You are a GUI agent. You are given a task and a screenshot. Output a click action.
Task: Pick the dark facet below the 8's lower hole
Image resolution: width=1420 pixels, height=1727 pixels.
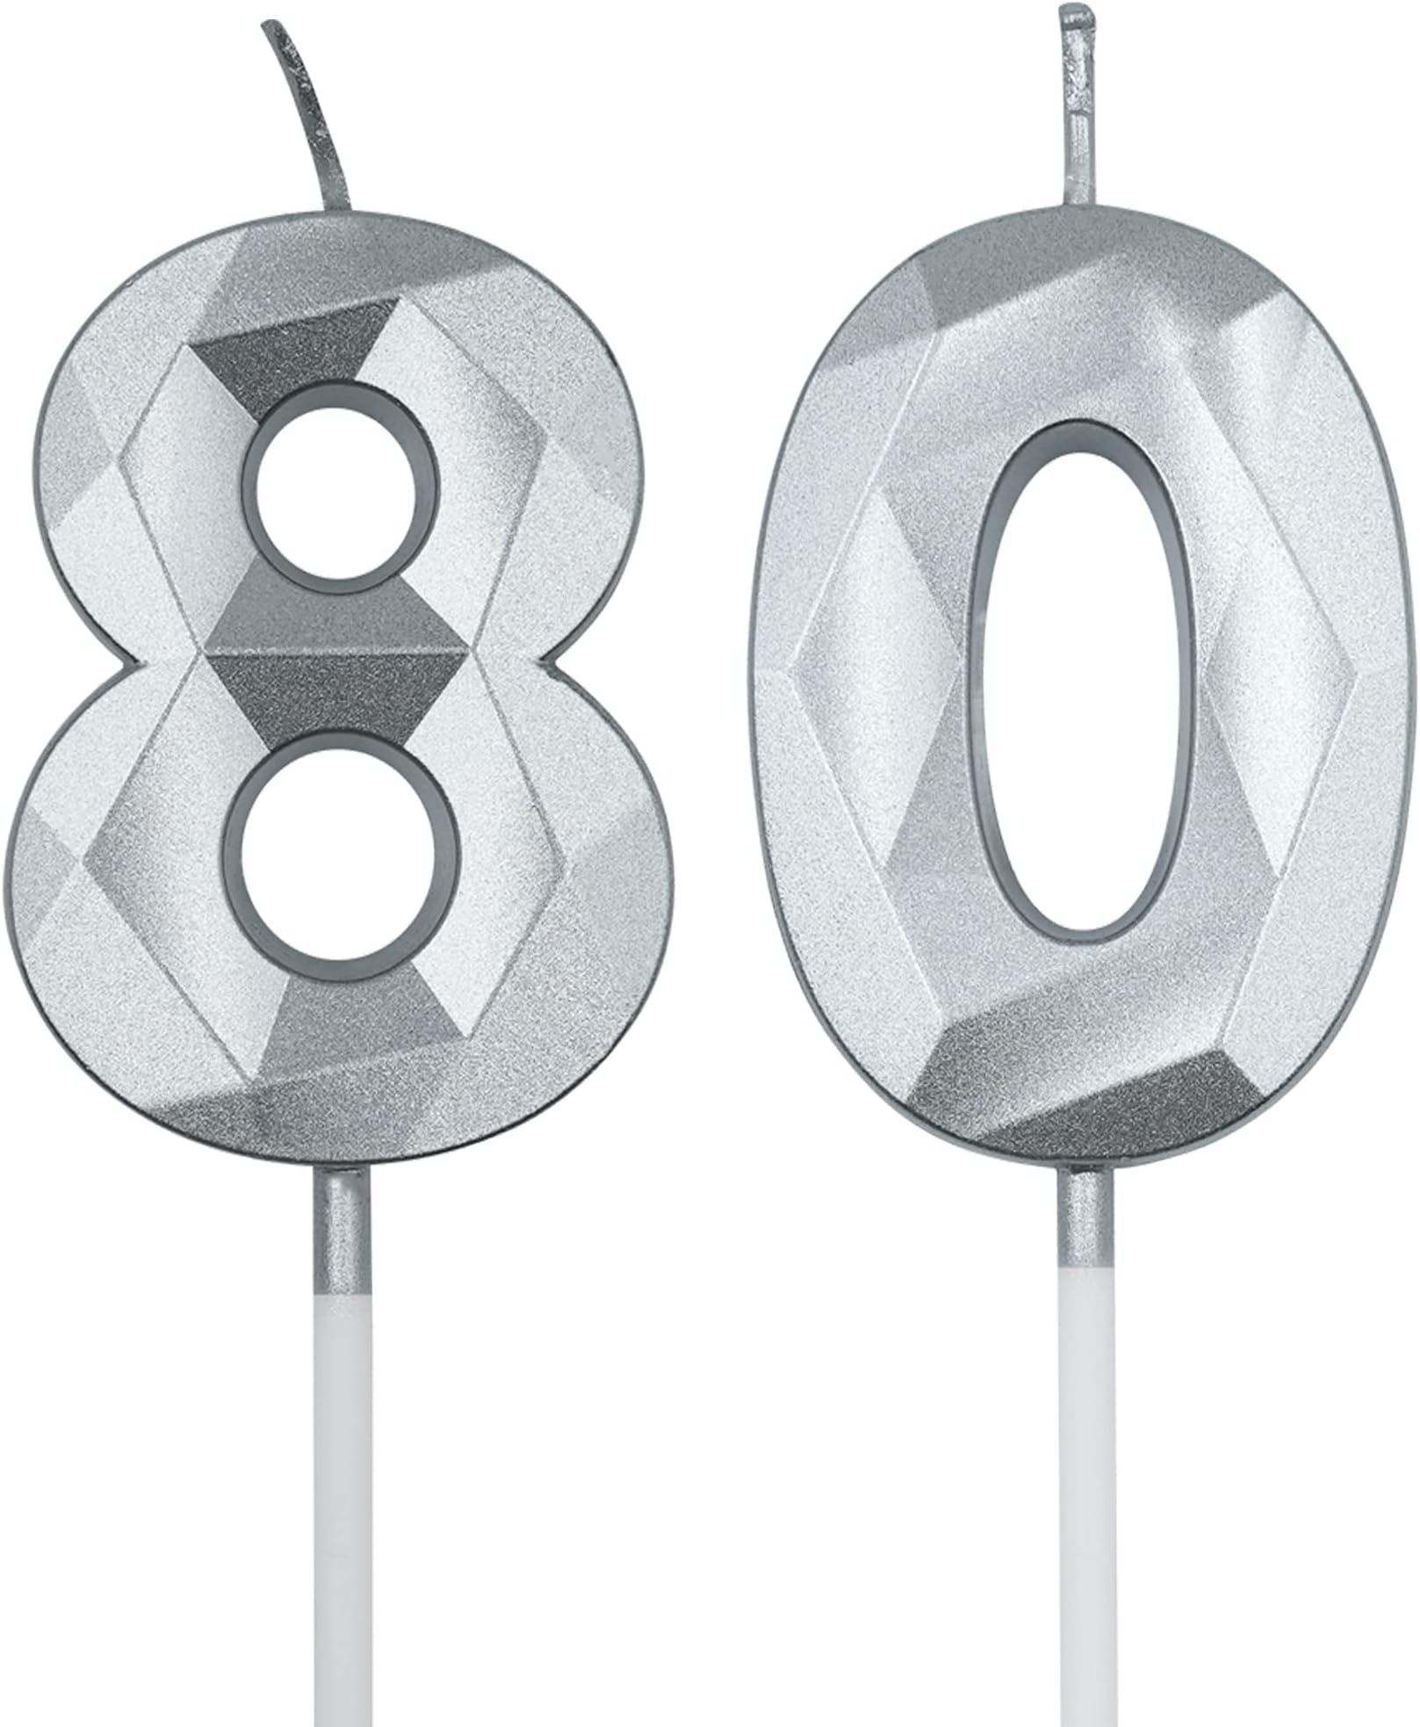point(351,1010)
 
